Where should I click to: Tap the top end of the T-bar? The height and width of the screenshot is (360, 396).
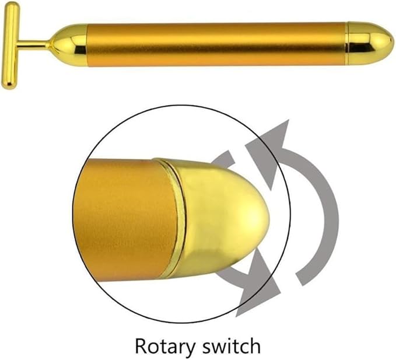10,7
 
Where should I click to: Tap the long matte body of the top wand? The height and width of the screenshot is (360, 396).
216,43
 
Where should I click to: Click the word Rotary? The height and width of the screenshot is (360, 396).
166,345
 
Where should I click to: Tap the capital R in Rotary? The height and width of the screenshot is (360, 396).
141,345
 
